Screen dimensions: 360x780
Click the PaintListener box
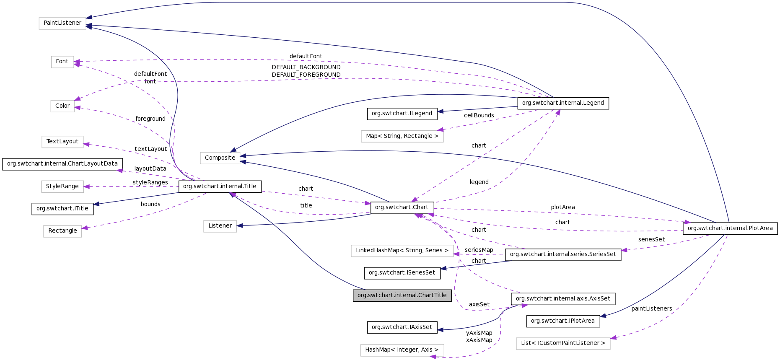pyautogui.click(x=62, y=23)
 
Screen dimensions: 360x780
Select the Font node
pyautogui.click(x=62, y=62)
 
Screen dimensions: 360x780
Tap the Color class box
pyautogui.click(x=62, y=106)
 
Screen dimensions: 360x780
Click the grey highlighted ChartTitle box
pyautogui.click(x=402, y=295)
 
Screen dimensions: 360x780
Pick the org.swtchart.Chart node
pyautogui.click(x=402, y=207)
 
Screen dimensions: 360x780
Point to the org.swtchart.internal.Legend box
pyautogui.click(x=563, y=103)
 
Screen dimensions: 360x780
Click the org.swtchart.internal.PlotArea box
pyautogui.click(x=730, y=228)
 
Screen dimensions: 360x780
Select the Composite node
pyautogui.click(x=220, y=158)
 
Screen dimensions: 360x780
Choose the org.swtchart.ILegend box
pyautogui.click(x=402, y=114)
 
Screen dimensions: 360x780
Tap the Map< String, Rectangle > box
pyautogui.click(x=402, y=136)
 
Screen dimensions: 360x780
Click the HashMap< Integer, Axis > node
pyautogui.click(x=402, y=350)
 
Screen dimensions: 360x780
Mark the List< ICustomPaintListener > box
pyautogui.click(x=563, y=343)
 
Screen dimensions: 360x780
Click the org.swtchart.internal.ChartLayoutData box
pyautogui.click(x=62, y=164)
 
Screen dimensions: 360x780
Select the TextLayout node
pyautogui.click(x=62, y=142)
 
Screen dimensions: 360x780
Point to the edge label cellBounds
pyautogui.click(x=479, y=116)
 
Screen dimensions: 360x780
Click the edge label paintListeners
pyautogui.click(x=651, y=309)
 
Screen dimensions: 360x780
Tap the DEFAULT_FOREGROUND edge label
pyautogui.click(x=306, y=75)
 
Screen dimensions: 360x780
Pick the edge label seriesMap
pyautogui.click(x=479, y=250)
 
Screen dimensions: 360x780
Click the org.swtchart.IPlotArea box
pyautogui.click(x=562, y=321)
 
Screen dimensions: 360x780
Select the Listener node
pyautogui.click(x=220, y=226)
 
